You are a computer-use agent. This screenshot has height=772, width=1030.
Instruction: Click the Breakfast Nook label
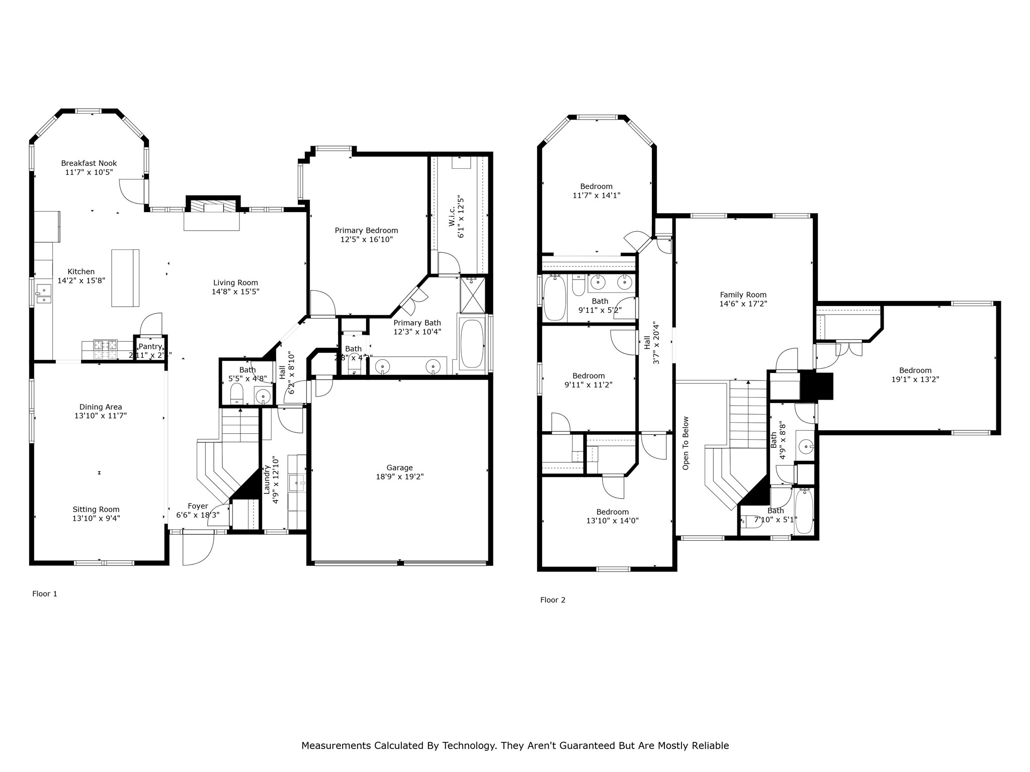(x=89, y=163)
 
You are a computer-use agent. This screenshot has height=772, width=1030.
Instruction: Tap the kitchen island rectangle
(x=125, y=278)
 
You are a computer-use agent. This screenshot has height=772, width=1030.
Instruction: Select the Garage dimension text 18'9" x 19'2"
(x=400, y=476)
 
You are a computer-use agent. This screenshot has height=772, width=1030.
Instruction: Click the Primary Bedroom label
(x=366, y=231)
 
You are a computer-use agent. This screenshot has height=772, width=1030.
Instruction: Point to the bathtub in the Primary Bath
(x=472, y=344)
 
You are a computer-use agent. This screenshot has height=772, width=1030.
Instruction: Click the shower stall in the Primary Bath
(x=473, y=295)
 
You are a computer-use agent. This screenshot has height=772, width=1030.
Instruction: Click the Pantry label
(x=150, y=346)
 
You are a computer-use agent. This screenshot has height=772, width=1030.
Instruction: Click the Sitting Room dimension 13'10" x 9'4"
(x=96, y=518)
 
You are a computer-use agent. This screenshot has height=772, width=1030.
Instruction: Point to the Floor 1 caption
(x=45, y=594)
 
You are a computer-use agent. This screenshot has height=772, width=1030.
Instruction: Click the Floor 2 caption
(x=553, y=600)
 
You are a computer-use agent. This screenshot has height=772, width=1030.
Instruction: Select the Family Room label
(x=743, y=295)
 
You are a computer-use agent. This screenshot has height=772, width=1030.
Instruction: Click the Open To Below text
(x=685, y=443)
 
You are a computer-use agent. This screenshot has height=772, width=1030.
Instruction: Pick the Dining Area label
(x=101, y=407)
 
